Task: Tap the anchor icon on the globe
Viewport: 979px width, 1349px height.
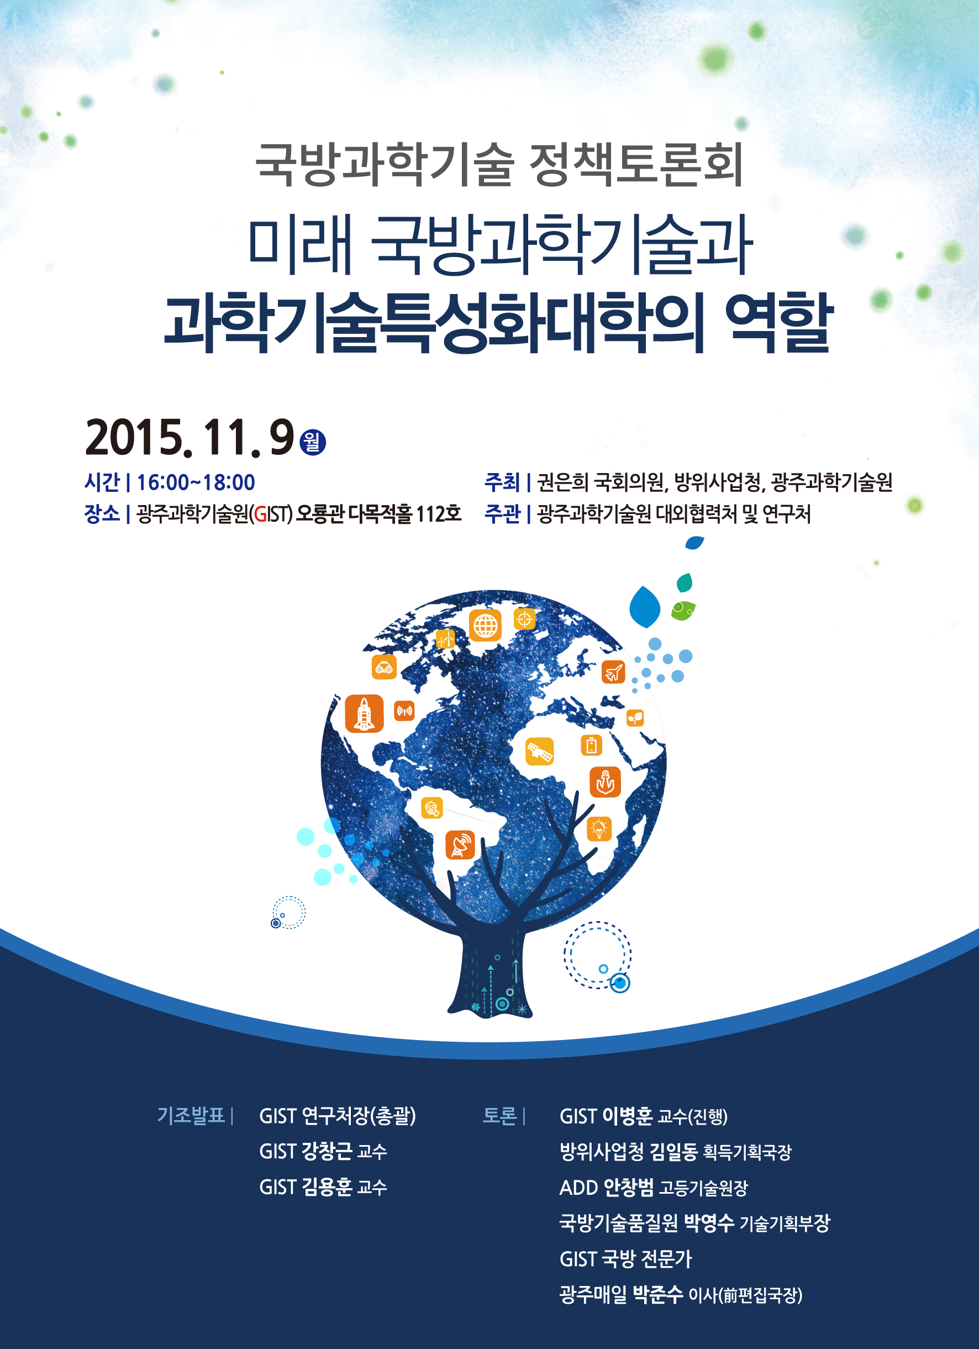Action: point(605,781)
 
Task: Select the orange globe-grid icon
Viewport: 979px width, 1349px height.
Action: point(485,625)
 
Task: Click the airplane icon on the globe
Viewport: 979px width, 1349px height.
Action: point(613,672)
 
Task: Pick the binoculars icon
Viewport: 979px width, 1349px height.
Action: point(384,667)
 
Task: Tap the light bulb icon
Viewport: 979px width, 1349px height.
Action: point(599,828)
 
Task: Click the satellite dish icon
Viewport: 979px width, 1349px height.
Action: point(460,844)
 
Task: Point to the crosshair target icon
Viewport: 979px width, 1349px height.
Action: point(524,619)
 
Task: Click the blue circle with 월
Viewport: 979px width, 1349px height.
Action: point(313,442)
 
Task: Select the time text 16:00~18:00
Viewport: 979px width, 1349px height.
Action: point(196,482)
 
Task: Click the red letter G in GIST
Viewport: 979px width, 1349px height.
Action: point(260,514)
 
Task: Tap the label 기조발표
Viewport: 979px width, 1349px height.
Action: point(191,1115)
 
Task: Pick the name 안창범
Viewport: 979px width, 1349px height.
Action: point(629,1187)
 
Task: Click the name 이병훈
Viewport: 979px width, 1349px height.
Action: point(628,1116)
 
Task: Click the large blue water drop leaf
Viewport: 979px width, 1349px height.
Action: point(645,607)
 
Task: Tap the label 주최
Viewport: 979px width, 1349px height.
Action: point(502,482)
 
